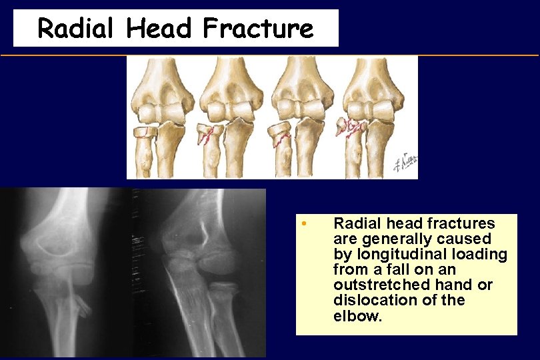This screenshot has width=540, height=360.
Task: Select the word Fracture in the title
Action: [x=258, y=29]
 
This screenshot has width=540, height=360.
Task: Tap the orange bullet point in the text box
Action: [x=303, y=222]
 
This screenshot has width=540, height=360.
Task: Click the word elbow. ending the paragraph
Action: [x=357, y=315]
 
